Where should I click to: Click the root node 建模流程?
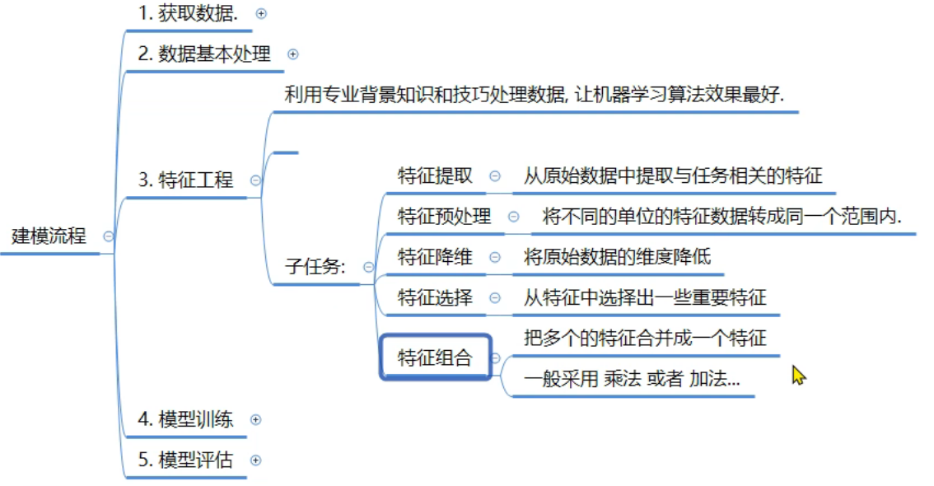point(49,236)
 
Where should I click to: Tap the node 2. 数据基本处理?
point(204,54)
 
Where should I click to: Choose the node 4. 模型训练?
point(185,419)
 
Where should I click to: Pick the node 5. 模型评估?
point(185,460)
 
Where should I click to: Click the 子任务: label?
point(316,267)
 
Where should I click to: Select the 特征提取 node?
point(435,175)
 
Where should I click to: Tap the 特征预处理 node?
point(444,216)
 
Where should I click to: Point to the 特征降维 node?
point(435,256)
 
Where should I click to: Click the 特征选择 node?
point(435,297)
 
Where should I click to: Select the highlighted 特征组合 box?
point(435,357)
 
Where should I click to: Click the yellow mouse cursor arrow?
point(797,376)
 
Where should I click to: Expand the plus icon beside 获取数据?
point(262,14)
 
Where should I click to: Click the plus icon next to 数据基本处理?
point(292,55)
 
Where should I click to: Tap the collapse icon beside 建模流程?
point(108,236)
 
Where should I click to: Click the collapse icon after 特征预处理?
point(513,217)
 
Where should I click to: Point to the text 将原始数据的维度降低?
point(617,256)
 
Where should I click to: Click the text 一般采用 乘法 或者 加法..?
point(632,379)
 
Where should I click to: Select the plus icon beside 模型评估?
point(255,460)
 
